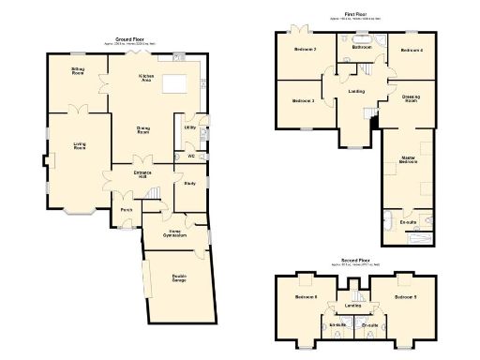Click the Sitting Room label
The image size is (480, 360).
[78, 70]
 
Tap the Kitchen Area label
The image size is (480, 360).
[145, 78]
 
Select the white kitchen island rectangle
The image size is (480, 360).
[175, 85]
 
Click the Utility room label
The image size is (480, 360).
[189, 127]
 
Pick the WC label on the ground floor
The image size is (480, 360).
[190, 155]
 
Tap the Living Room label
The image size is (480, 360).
[80, 145]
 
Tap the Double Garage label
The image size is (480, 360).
[178, 277]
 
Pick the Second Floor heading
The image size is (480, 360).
[354, 260]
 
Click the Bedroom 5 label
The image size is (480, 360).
[405, 297]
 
